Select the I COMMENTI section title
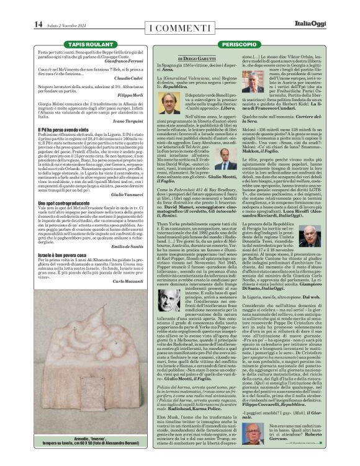pos(180,28)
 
